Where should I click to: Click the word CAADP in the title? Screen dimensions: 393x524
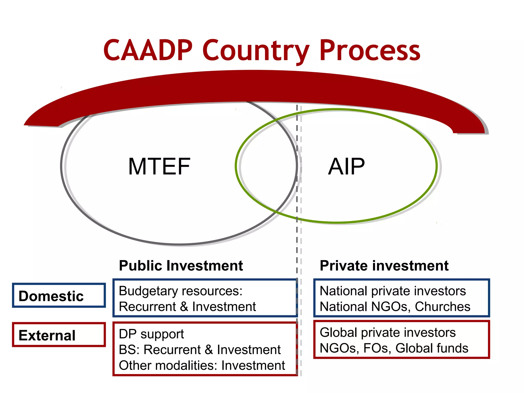(x=148, y=50)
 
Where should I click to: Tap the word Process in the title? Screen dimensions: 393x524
(x=370, y=50)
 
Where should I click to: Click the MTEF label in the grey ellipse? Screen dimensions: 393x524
(x=159, y=167)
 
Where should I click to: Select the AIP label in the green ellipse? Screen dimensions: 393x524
(x=346, y=167)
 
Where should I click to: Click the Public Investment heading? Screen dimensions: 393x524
(x=181, y=266)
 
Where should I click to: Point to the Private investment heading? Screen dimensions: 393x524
(x=384, y=266)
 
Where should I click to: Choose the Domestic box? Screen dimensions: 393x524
(x=59, y=296)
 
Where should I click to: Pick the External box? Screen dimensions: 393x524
(x=59, y=335)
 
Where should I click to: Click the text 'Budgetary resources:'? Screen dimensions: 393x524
(x=181, y=291)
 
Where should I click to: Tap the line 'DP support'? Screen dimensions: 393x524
(x=151, y=334)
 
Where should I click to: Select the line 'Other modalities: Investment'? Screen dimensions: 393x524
(x=202, y=365)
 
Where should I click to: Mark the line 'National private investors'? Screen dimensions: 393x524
(x=393, y=291)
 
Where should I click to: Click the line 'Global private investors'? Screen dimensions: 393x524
(x=388, y=333)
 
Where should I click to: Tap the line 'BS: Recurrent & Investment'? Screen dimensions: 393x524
(x=200, y=350)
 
